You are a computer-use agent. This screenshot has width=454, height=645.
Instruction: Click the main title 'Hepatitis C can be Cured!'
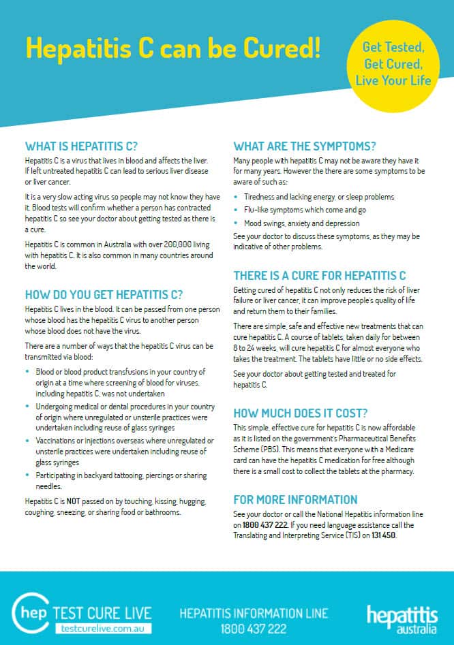(x=172, y=48)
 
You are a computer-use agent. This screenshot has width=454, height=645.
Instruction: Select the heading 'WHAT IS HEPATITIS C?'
(x=81, y=146)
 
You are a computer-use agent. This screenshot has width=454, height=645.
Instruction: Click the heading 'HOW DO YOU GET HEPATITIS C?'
(x=104, y=295)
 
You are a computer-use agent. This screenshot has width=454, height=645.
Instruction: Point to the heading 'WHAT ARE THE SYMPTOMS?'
(x=305, y=146)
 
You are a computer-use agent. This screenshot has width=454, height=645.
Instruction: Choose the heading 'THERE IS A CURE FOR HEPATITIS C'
(x=320, y=276)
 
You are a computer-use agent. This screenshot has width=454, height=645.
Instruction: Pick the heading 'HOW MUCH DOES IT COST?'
(x=301, y=413)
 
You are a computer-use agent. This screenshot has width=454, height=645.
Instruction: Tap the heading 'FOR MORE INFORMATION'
(x=295, y=500)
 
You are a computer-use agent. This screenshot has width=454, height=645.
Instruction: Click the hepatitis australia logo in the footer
(x=402, y=618)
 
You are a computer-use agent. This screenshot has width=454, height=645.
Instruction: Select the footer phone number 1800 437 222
(x=254, y=629)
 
